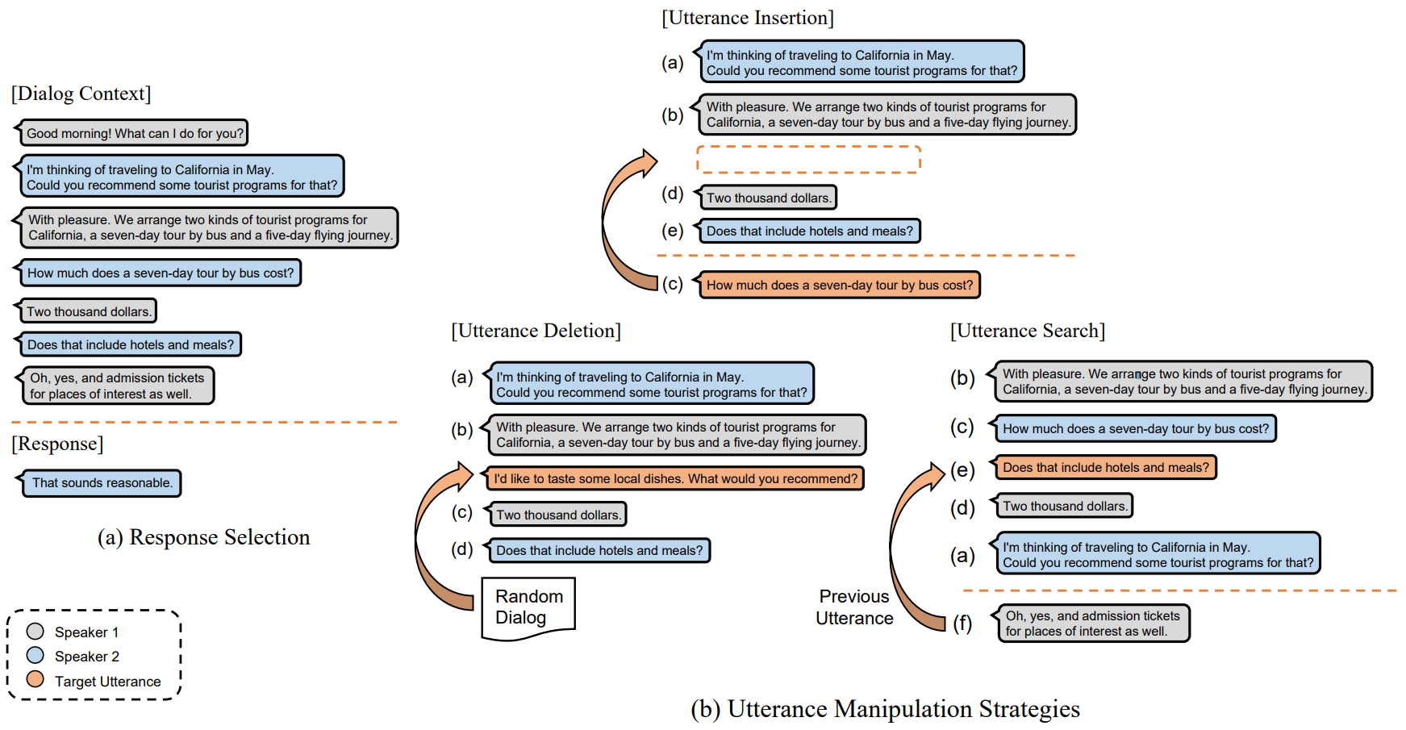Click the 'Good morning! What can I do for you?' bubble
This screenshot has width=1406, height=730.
pos(134,133)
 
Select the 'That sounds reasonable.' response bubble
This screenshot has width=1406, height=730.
pos(102,483)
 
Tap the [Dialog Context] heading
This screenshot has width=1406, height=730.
pos(81,94)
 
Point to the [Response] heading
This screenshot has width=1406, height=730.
pos(57,444)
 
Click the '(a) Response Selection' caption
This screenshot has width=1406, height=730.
pos(204,537)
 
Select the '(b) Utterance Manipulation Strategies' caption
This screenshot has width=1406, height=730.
pos(885,709)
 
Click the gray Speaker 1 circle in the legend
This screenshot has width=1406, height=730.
pos(35,632)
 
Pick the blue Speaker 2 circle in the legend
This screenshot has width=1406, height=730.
pos(35,655)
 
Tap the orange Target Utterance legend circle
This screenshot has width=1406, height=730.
pos(35,679)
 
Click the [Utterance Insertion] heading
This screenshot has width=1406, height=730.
pos(748,18)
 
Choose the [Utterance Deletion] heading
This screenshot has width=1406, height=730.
pos(536,331)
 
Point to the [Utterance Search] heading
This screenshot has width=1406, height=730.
pos(1028,331)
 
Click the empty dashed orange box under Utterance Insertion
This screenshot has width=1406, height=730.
pos(808,160)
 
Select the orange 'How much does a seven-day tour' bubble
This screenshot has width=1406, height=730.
pos(839,285)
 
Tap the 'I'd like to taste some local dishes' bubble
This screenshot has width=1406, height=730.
pos(675,478)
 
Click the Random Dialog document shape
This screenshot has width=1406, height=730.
pos(528,607)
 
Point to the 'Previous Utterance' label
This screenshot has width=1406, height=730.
pos(854,607)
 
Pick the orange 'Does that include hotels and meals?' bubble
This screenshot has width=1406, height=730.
pos(1105,468)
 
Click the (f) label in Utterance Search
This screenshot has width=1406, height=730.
pos(962,623)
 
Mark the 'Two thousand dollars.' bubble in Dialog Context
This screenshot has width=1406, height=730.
pos(88,311)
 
